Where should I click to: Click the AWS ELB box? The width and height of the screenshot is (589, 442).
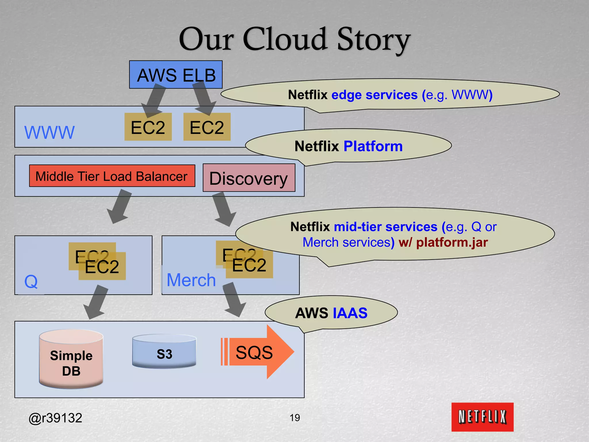coord(176,75)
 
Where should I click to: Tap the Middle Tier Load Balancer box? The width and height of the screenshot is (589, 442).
coord(112,176)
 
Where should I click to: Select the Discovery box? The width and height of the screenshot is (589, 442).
coord(249,178)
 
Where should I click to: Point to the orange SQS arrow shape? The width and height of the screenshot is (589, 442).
coord(257,352)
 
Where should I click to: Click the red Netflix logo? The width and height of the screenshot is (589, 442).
coord(482,417)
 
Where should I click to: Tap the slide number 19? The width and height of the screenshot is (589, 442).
coord(295,418)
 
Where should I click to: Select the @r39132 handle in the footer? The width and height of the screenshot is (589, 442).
coord(55,418)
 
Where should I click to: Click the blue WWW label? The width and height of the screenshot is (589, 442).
coord(49,132)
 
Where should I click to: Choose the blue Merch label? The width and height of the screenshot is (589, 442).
coord(191,280)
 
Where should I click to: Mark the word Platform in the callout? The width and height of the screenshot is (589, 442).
coord(373,146)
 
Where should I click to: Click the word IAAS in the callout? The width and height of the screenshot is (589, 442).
coord(350,313)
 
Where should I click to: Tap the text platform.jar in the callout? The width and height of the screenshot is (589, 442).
coord(452,242)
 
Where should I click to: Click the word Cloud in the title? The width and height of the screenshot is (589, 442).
coord(285,39)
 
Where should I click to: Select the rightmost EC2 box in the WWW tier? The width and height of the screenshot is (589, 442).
coord(207,127)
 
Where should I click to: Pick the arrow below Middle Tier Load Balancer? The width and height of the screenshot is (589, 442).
coord(119,207)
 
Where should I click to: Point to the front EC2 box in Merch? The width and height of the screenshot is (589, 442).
coord(249,265)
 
